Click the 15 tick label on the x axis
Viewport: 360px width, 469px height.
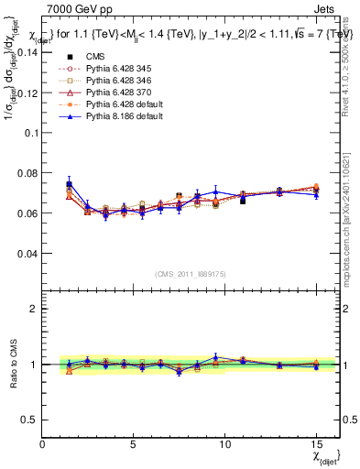point(316,444)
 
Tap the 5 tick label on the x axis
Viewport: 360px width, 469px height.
point(134,444)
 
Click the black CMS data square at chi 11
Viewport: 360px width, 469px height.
point(243,200)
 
